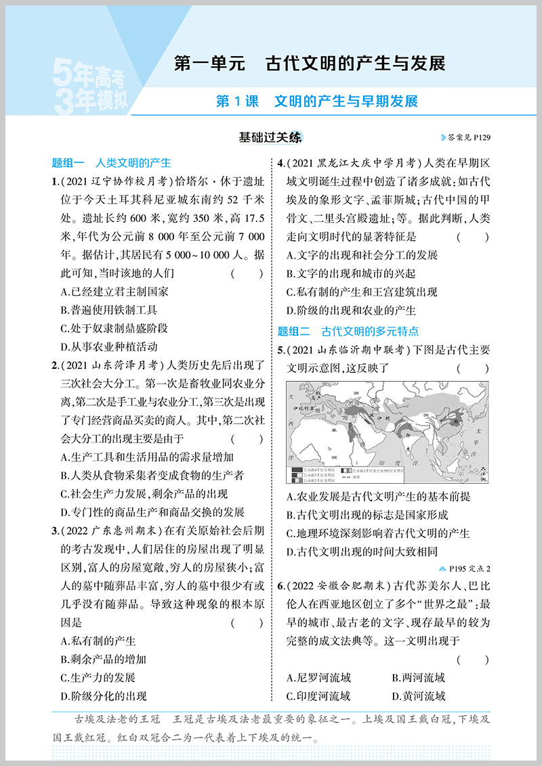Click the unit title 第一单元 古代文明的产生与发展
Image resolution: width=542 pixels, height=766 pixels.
(310, 64)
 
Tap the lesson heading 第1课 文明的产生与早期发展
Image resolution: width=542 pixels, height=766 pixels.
(316, 102)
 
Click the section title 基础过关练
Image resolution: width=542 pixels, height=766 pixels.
(270, 137)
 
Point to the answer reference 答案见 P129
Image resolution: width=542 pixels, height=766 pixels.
(465, 138)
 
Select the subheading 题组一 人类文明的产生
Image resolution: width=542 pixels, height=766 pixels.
(111, 162)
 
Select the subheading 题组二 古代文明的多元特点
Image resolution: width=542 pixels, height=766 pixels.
(348, 331)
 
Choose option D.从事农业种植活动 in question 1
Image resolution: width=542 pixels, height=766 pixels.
(108, 346)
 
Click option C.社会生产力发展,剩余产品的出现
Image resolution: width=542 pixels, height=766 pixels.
(144, 493)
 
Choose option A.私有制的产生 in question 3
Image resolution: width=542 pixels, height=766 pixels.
(98, 641)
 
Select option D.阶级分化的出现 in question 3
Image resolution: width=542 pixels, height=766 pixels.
(103, 696)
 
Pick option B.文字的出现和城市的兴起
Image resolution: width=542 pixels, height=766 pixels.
(351, 273)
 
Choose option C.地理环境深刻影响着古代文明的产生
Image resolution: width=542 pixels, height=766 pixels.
(378, 533)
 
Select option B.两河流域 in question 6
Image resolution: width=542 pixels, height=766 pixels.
(418, 677)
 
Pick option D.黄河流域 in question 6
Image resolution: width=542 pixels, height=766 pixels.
(418, 696)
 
